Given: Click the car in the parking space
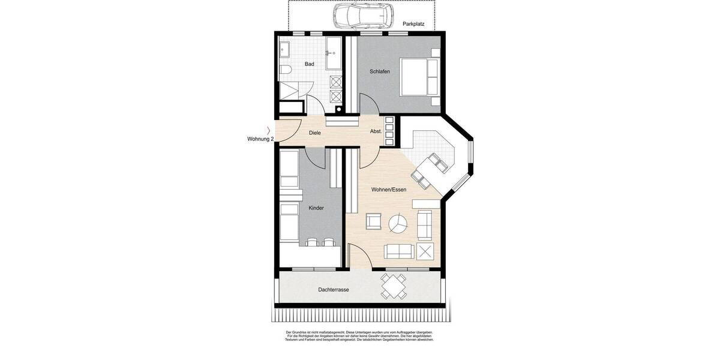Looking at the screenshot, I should tap(363, 16).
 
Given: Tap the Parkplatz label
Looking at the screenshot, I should tap(413, 24).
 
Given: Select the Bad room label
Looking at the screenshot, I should tap(309, 64).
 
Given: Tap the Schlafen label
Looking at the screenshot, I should tap(380, 71).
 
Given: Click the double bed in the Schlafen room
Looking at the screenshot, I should tap(420, 76).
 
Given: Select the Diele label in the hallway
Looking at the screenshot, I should tap(314, 133).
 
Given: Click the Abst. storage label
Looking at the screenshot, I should tap(376, 131).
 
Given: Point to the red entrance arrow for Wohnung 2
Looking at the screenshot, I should tap(268, 130).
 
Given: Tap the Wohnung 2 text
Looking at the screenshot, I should tap(260, 139).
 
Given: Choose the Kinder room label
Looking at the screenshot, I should tap(316, 208).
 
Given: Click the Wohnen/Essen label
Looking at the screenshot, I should tap(389, 190).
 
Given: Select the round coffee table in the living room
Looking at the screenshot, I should tap(397, 224).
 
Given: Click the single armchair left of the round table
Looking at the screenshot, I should tap(374, 221).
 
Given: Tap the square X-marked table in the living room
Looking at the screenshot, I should tap(425, 251).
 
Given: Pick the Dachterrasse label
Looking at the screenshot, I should tap(334, 289).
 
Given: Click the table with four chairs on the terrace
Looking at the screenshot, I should tap(394, 286).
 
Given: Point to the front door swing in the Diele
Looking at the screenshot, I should tap(293, 127).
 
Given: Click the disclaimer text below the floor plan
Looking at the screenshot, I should tap(359, 335).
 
